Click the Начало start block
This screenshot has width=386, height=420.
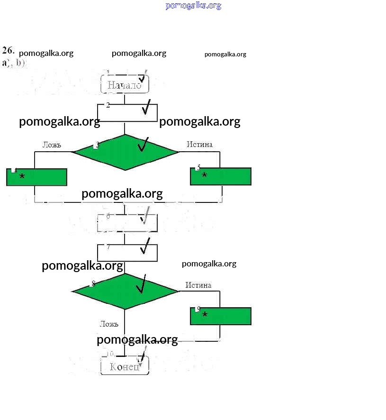(125, 84)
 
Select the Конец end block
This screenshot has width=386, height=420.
(125, 366)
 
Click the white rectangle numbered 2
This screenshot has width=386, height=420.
(126, 113)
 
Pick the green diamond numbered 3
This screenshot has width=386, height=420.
(126, 152)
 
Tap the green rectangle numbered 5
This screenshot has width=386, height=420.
(221, 176)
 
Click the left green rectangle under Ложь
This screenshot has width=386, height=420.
(36, 177)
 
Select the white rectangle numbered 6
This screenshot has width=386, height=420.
(126, 223)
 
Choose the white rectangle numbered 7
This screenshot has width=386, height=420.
(126, 252)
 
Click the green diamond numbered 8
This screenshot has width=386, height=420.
(125, 291)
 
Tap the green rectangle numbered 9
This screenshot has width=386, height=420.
(221, 316)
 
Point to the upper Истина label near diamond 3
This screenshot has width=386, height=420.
(199, 144)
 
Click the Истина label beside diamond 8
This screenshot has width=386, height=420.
(198, 285)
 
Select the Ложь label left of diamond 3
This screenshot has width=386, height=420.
(52, 145)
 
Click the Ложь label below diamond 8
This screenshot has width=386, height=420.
(109, 324)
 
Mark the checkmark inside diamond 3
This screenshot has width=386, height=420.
(143, 145)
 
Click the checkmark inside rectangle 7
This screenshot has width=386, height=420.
(145, 246)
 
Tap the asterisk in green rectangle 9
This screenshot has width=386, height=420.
(205, 315)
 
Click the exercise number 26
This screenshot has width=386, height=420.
(8, 50)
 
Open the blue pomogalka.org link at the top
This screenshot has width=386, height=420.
(193, 6)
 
